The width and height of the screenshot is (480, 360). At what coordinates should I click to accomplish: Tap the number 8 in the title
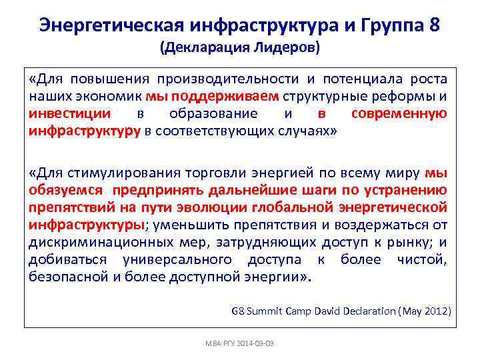(x=435, y=25)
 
